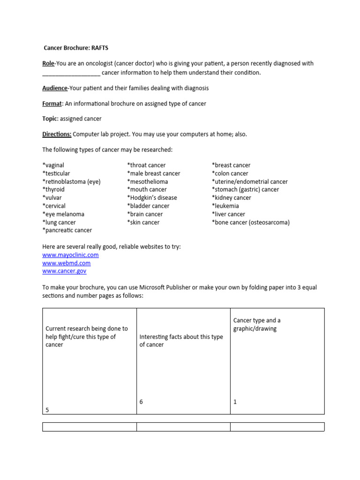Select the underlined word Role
pos(48,63)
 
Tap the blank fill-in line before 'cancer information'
pos(71,73)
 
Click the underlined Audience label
pos(55,88)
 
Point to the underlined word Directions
pos(57,134)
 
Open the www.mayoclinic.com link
pos(70,255)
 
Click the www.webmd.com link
pos(66,263)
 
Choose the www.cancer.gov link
pos(64,271)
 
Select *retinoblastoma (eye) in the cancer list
pos(71,181)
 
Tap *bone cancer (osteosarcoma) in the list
pos(250,222)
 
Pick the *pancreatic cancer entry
pos(67,230)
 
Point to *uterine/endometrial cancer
pos(249,181)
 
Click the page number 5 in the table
pos(47,410)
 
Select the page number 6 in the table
pos(141,402)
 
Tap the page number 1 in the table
pos(235,402)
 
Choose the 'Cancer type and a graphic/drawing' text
pos(257,324)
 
